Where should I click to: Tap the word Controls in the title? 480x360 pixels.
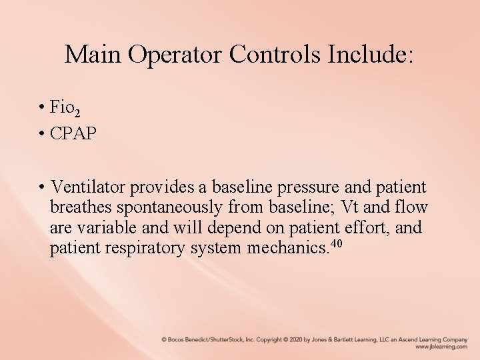pos(275,54)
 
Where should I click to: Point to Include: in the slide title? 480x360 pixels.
pos(371,54)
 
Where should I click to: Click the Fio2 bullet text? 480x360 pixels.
pos(66,109)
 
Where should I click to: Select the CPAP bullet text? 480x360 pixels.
pos(73,133)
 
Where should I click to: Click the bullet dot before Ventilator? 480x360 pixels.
pos(41,186)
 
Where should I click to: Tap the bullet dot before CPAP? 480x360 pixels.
pos(41,133)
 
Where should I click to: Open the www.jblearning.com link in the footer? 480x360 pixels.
pos(441,347)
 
